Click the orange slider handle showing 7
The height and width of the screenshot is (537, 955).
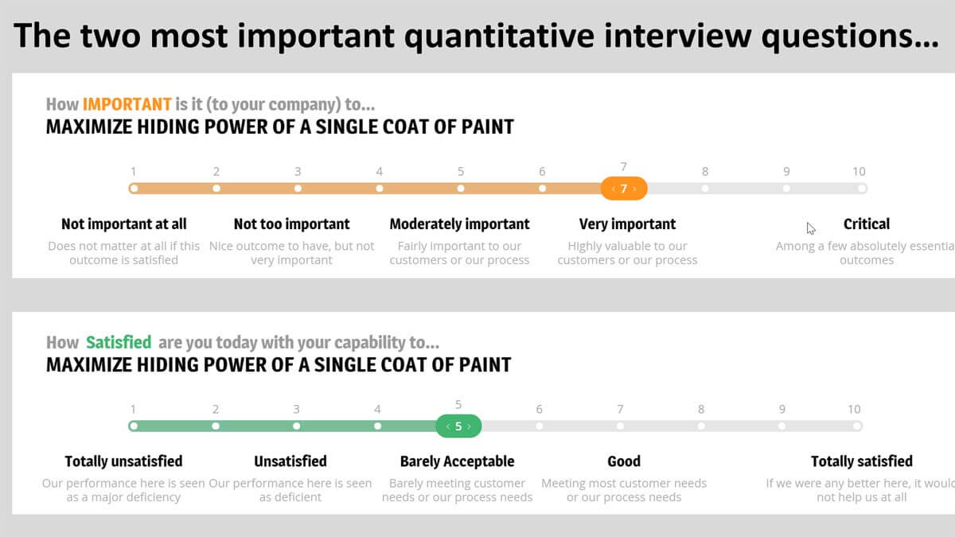[x=624, y=189]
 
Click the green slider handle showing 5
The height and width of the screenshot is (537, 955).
[x=458, y=426]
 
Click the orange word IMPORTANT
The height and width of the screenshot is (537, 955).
[x=127, y=104]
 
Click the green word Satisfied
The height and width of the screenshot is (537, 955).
[x=119, y=342]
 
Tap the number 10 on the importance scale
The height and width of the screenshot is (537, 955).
[x=859, y=171]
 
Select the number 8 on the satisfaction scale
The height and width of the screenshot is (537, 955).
[x=701, y=409]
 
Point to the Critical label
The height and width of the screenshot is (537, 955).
[x=867, y=224]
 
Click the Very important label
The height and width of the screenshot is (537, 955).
[x=627, y=224]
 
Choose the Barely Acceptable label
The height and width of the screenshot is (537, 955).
[x=457, y=461]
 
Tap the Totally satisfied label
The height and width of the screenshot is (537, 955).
[x=862, y=461]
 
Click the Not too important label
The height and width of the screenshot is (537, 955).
[x=291, y=224]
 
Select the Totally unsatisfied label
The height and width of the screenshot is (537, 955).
[x=123, y=461]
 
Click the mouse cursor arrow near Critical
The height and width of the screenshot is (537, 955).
[x=810, y=228]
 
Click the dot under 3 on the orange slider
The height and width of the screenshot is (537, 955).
[x=298, y=189]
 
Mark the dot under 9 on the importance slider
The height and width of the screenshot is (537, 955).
[x=786, y=189]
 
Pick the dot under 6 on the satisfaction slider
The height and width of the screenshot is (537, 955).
[x=540, y=426]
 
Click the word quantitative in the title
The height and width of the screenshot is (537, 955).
[x=499, y=37]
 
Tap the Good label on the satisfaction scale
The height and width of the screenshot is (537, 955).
[x=624, y=461]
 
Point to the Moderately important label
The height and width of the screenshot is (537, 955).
[x=460, y=224]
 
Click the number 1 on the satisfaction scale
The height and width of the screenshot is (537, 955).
[x=133, y=409]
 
